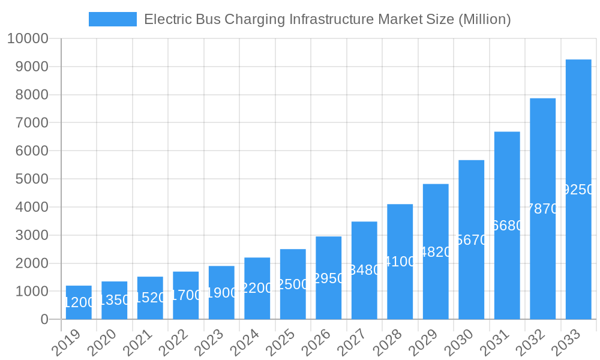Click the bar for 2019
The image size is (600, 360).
[x=79, y=302]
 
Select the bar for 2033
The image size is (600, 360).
[x=578, y=190]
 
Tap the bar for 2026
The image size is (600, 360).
[x=329, y=278]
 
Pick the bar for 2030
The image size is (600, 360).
[x=472, y=240]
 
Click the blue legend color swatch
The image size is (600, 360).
[x=112, y=19]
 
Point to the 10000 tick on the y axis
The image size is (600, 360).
[x=28, y=38]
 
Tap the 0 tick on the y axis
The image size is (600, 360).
[x=44, y=320]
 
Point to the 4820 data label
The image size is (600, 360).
[x=436, y=252]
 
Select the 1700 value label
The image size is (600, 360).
[x=186, y=295]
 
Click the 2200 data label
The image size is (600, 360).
[x=257, y=288]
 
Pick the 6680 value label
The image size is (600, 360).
[x=507, y=226]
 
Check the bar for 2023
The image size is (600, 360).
[x=221, y=293]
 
